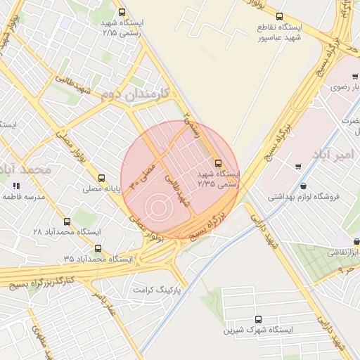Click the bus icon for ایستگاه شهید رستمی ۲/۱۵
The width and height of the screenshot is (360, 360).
pyautogui.click(x=122, y=12)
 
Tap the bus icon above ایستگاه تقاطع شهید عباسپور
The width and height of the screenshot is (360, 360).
pyautogui.click(x=280, y=16)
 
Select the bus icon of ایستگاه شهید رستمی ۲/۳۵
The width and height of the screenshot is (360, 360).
pyautogui.click(x=218, y=162)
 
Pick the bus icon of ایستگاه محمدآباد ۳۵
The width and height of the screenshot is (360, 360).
pyautogui.click(x=97, y=248)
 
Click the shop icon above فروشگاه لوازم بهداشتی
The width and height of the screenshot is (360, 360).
pyautogui.click(x=303, y=186)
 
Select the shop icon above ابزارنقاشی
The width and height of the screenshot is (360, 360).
pyautogui.click(x=330, y=241)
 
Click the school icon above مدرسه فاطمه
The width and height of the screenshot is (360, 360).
pyautogui.click(x=15, y=186)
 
